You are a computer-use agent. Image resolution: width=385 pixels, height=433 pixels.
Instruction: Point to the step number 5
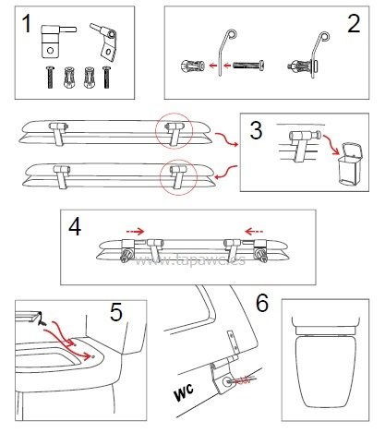(115, 313)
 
